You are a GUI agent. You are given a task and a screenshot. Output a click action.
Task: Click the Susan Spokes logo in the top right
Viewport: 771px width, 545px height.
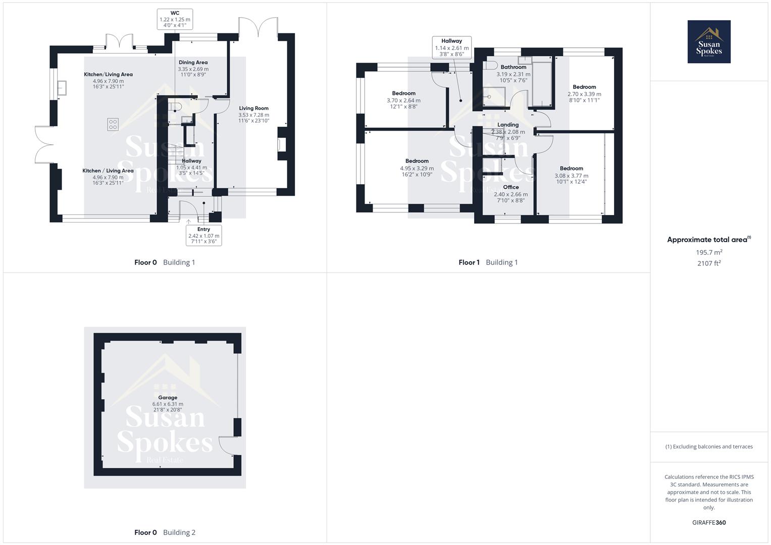[709, 42]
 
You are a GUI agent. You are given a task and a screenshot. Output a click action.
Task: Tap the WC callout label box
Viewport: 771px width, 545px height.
[175, 19]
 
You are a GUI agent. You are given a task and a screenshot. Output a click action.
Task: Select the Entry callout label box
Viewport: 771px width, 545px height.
[203, 236]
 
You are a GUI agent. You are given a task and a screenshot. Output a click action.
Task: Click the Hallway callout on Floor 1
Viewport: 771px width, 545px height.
[451, 47]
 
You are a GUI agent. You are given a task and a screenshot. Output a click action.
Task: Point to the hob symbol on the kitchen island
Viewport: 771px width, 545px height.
[113, 124]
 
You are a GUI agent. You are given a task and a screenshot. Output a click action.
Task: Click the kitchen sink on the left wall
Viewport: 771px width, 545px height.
[63, 88]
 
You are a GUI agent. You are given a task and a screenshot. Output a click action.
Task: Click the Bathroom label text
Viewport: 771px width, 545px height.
[513, 67]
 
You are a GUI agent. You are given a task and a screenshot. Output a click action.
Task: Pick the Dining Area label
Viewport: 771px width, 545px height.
[193, 63]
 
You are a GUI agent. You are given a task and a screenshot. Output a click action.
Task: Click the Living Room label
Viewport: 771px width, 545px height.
[253, 108]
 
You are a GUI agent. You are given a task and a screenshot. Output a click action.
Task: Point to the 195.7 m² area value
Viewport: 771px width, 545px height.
[709, 252]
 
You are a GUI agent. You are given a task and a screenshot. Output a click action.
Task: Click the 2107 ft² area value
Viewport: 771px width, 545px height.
[709, 263]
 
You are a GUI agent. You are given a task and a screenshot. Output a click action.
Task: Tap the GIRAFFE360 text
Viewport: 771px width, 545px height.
[709, 522]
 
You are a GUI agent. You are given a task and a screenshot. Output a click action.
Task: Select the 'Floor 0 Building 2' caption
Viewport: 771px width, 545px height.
[165, 532]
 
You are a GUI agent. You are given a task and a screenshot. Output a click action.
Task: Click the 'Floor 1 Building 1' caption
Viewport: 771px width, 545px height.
[488, 262]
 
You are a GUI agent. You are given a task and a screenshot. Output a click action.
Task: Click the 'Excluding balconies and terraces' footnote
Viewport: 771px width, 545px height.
[709, 447]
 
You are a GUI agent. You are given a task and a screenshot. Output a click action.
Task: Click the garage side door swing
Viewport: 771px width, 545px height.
[227, 445]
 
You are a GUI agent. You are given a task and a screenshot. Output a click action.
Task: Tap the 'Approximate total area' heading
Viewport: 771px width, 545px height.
[708, 240]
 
